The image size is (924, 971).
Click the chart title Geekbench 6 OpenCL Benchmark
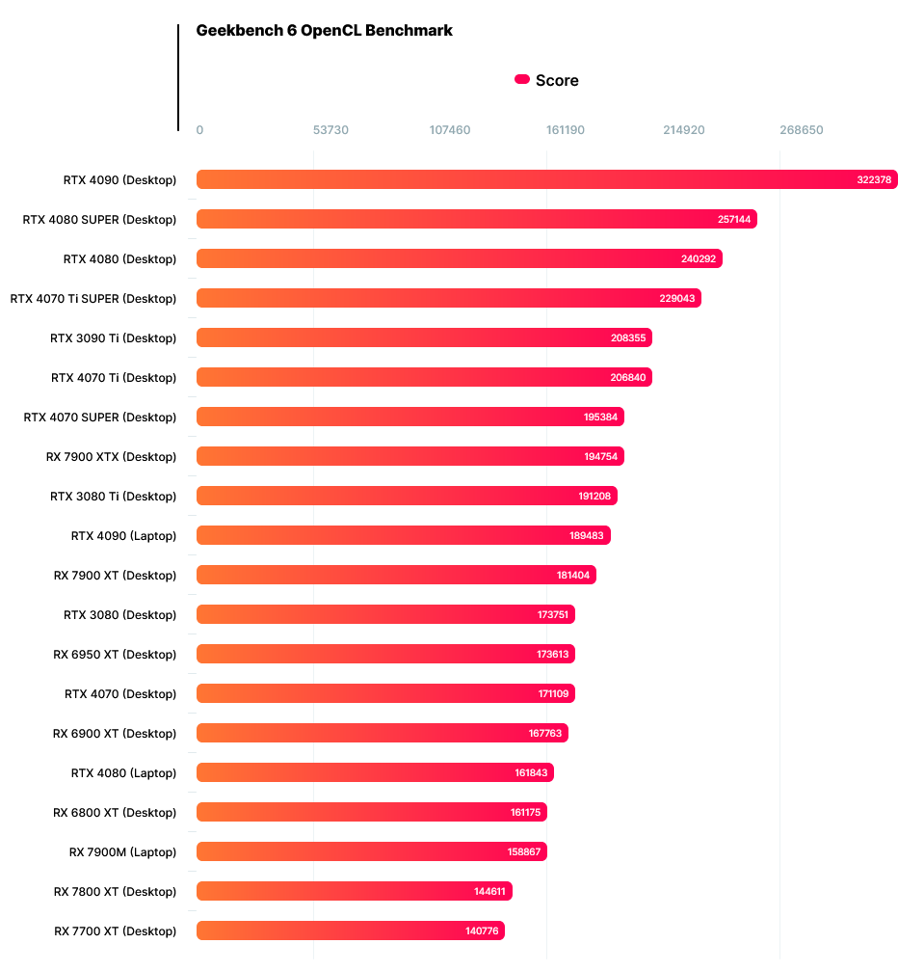pos(324,31)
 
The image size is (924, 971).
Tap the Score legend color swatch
pos(522,80)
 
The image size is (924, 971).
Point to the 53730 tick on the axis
pos(330,130)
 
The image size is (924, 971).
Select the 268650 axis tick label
pos(801,130)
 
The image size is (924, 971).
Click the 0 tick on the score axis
pos(199,130)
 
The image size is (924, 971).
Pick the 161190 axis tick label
pos(567,130)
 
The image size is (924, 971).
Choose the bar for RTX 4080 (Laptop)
pos(375,772)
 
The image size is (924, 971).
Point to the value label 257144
pos(735,220)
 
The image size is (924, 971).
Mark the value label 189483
pos(588,536)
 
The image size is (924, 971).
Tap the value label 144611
pos(490,892)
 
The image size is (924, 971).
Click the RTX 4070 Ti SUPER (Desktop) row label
pos(93,299)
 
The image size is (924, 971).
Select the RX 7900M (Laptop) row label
pos(122,852)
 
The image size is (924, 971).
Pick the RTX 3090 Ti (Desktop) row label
pos(114,338)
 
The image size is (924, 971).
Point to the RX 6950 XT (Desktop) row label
pos(115,655)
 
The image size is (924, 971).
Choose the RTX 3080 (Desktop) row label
pos(120,615)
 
